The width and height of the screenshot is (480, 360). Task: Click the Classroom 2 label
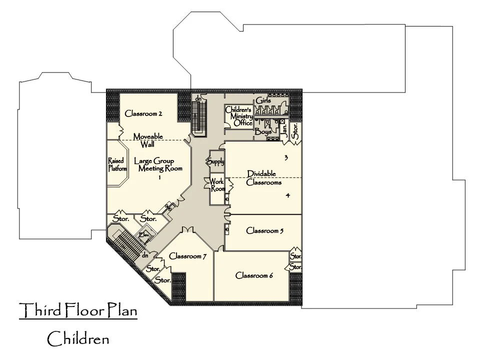coord(143,113)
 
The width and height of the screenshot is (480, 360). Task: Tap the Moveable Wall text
coord(147,140)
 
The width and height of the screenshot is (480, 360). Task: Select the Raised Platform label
coord(117,164)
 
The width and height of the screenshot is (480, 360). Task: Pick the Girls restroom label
coord(263,101)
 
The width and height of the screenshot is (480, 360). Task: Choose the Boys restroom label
coord(263,132)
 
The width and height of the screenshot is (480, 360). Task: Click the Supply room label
coord(215,161)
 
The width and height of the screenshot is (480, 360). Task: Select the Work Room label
coord(217,185)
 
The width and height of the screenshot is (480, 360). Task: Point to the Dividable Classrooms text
coord(264,178)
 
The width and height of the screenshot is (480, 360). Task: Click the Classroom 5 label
coord(265,231)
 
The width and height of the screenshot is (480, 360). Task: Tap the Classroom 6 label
coord(254,275)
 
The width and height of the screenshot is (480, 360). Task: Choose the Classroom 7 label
coord(188,256)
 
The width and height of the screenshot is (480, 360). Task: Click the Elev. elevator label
coord(145,234)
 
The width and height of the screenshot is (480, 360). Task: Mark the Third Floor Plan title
coord(78,311)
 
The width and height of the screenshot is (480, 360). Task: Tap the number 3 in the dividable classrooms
coord(286,158)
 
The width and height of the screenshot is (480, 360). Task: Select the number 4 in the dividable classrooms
coord(287,195)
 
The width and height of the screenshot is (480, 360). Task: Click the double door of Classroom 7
coord(187,230)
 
